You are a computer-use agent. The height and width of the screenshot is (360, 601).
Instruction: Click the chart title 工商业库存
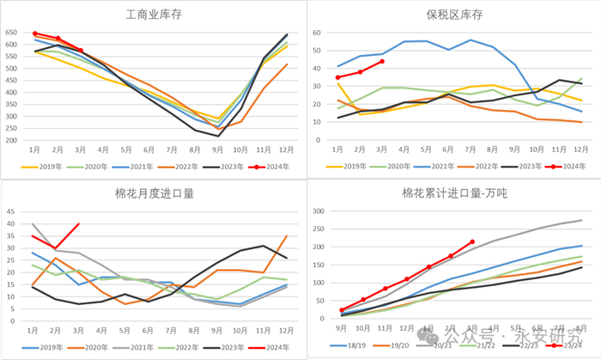click(x=152, y=15)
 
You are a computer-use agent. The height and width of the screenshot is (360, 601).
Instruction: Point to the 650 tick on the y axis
click(x=11, y=34)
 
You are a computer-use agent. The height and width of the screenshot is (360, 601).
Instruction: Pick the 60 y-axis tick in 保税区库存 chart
click(x=318, y=34)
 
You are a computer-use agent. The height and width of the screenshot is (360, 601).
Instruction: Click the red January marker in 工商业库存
click(x=35, y=34)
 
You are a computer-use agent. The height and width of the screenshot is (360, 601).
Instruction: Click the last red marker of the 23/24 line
click(x=473, y=242)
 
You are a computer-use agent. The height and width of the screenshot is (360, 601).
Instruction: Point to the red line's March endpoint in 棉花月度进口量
click(x=80, y=224)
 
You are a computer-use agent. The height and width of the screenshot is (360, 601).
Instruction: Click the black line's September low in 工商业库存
click(x=218, y=136)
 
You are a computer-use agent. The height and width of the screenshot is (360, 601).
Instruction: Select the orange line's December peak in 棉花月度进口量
click(x=287, y=236)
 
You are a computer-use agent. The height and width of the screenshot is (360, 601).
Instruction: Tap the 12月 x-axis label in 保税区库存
click(x=581, y=148)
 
